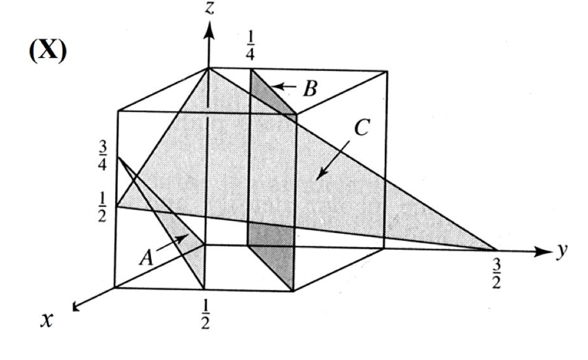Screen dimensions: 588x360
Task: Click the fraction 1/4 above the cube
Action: click(251, 55)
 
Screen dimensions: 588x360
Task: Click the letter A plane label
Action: click(145, 259)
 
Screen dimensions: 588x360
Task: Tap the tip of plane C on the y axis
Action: click(493, 249)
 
